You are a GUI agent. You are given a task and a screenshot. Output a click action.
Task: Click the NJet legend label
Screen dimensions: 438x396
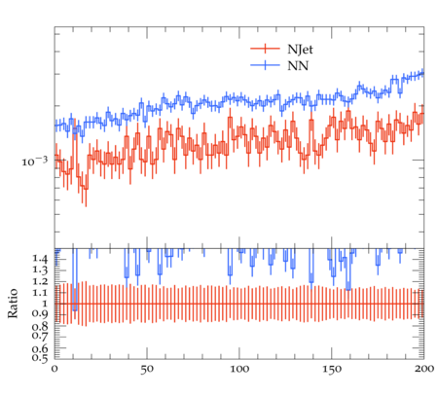(300, 50)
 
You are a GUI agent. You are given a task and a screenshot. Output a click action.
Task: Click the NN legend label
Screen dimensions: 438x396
(298, 66)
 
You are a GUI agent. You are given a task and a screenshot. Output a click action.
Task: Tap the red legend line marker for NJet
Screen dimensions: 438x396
(265, 49)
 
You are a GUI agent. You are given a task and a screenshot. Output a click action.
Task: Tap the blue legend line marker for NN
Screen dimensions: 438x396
(265, 65)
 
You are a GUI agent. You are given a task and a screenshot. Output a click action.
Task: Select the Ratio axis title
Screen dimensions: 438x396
(13, 303)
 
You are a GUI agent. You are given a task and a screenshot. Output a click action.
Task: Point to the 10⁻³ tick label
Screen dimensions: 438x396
(35, 161)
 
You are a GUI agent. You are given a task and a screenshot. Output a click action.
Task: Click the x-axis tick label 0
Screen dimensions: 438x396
(55, 369)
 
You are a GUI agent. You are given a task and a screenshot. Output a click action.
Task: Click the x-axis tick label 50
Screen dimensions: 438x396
(147, 369)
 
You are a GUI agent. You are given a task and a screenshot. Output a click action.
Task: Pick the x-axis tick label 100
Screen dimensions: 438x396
(239, 369)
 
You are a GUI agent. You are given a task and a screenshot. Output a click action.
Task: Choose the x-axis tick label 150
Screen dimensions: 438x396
(332, 369)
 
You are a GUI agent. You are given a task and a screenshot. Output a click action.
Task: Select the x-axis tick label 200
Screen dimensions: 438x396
(424, 369)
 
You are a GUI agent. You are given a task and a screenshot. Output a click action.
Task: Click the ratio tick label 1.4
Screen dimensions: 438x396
(40, 259)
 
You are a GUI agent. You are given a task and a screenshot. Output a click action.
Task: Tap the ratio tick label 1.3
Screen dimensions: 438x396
(40, 270)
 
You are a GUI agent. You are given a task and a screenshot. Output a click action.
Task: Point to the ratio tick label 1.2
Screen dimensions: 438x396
(40, 281)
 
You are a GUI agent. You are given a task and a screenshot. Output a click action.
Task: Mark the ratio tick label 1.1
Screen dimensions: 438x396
(40, 293)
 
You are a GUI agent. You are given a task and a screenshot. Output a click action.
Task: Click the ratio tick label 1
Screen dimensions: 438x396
(45, 304)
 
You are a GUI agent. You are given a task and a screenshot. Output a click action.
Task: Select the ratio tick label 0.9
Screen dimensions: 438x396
(40, 313)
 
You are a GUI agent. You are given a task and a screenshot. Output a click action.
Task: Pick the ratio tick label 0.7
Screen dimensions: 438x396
(40, 336)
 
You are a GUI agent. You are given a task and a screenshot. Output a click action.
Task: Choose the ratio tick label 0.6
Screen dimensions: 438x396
(40, 348)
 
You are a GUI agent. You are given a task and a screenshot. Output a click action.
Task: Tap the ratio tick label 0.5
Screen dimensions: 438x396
(40, 358)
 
